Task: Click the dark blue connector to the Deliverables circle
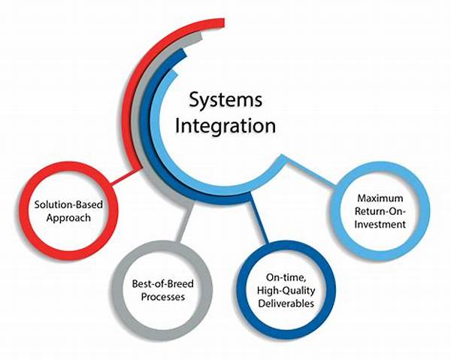[259, 225]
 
